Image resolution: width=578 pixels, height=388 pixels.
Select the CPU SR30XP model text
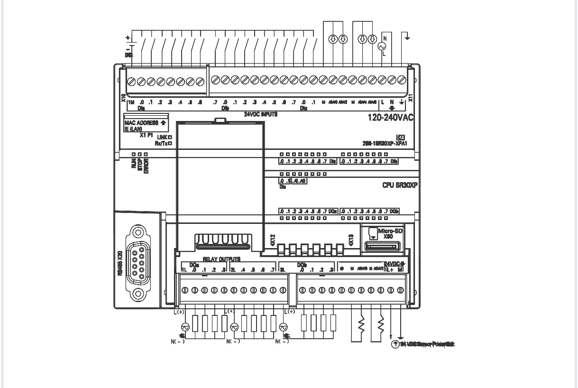[399, 185]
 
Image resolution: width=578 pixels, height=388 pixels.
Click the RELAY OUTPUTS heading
[222, 259]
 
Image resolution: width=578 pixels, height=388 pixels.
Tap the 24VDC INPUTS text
[260, 114]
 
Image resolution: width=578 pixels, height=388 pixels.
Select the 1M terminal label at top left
[131, 102]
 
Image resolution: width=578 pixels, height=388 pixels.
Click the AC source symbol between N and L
[380, 46]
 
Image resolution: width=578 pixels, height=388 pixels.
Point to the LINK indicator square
[169, 137]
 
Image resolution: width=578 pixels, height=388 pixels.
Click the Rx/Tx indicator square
[169, 142]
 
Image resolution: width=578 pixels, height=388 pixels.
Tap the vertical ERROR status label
[147, 166]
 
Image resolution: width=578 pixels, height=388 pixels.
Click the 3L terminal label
[282, 270]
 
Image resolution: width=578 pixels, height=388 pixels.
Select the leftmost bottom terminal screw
[184, 290]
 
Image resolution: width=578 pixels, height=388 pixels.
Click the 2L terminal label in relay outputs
[233, 270]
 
